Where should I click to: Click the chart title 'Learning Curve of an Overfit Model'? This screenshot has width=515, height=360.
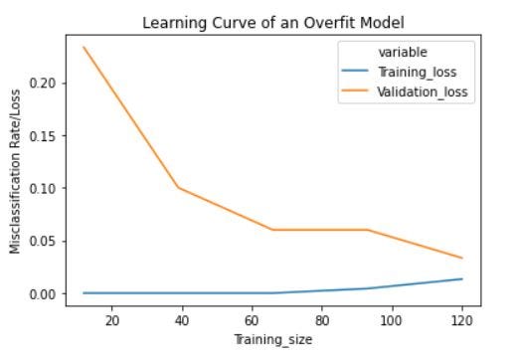pyautogui.click(x=271, y=22)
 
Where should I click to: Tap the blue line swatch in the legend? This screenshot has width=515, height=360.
pyautogui.click(x=355, y=73)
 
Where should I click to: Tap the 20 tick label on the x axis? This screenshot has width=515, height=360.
pyautogui.click(x=112, y=321)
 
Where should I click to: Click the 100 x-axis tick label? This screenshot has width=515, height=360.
pyautogui.click(x=392, y=321)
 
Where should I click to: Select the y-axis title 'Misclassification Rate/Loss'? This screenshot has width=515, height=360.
pyautogui.click(x=16, y=169)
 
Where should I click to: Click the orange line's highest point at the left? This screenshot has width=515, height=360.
pyautogui.click(x=84, y=47)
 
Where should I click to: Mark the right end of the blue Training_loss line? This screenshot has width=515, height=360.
pyautogui.click(x=461, y=278)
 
